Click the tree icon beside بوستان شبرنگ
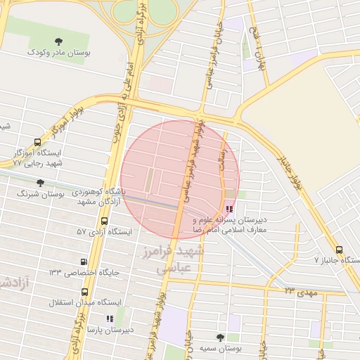click(41, 182)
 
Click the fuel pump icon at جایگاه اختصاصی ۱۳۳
click(85, 262)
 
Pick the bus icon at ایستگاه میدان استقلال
click(85, 291)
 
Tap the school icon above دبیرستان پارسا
click(110, 319)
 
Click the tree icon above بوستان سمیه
click(220, 337)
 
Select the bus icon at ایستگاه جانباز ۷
click(340, 250)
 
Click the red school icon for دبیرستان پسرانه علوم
click(230, 209)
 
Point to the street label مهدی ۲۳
click(299, 289)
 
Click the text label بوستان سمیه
click(220, 349)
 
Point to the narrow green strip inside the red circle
click(148, 180)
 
